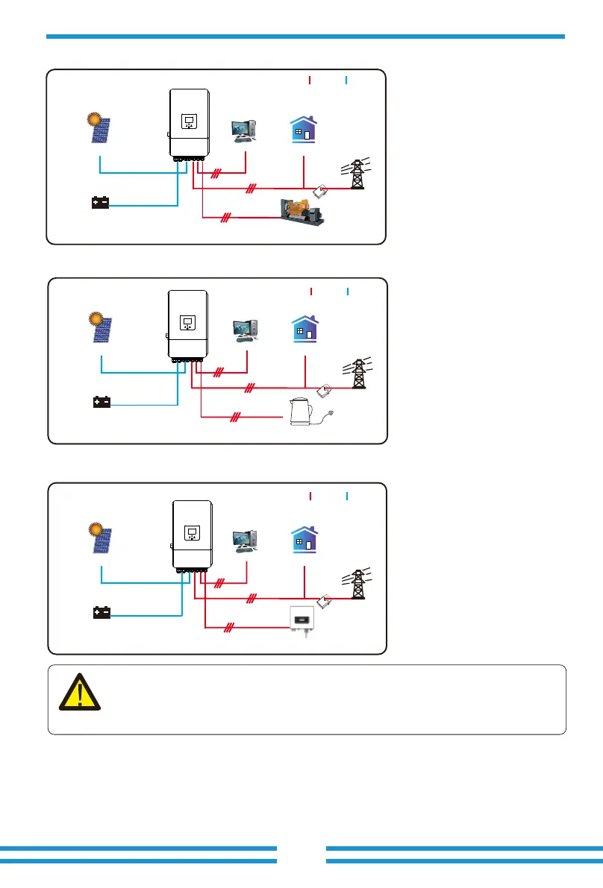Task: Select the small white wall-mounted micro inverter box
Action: [x=304, y=622]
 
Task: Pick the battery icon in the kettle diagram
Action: [x=101, y=403]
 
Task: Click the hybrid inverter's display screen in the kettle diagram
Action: [x=187, y=323]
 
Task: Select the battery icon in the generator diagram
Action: [x=100, y=203]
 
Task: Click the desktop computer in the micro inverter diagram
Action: [x=246, y=539]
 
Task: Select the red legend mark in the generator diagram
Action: [x=309, y=80]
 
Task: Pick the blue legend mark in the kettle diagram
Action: [x=348, y=290]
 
